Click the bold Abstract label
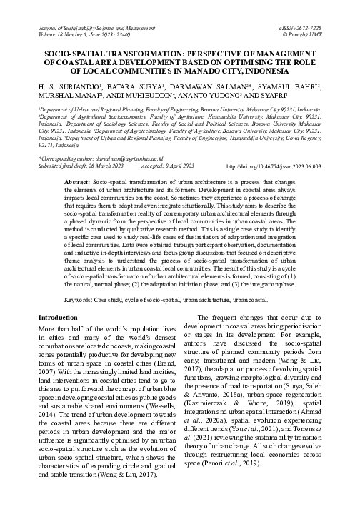78,183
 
